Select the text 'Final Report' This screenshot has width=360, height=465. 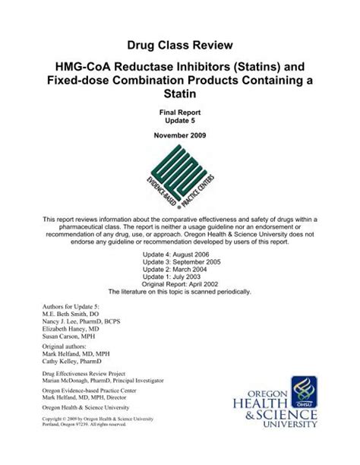tap(179, 110)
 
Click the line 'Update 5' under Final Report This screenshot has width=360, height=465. tap(179, 119)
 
